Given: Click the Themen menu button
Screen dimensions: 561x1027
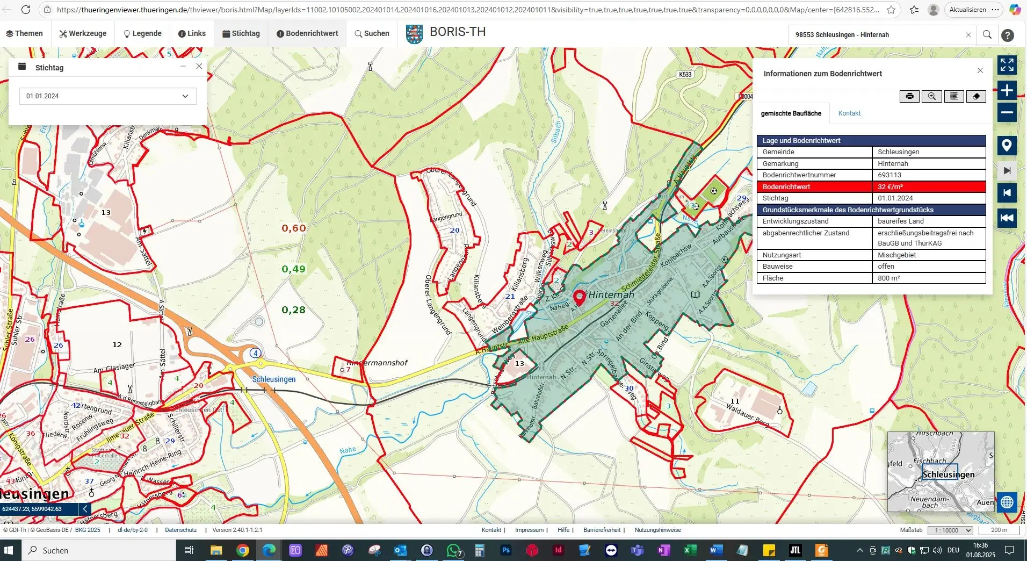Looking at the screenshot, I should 24,33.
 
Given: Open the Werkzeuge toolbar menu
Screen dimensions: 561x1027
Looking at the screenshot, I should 83,33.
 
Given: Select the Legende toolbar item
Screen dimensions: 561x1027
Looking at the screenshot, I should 142,33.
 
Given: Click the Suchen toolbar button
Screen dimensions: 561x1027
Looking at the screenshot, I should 372,33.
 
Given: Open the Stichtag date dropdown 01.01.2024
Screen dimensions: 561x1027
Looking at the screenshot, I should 107,96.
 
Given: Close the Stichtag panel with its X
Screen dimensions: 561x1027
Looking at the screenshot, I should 199,66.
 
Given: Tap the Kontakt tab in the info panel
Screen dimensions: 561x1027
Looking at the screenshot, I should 849,113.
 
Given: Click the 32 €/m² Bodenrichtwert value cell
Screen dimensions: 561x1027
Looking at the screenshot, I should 928,187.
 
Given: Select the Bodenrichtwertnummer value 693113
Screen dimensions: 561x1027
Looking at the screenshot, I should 889,175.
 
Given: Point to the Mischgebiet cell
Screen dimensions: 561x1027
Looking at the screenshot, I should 896,255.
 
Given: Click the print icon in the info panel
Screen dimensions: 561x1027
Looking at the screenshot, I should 909,96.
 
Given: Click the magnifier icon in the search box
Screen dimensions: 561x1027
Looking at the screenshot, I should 987,35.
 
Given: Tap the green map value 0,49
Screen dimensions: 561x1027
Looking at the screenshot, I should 293,269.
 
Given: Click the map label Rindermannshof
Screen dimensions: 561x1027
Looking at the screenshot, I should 378,363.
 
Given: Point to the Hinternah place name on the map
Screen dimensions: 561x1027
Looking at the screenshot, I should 611,295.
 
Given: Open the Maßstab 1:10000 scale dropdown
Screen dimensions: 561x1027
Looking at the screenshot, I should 950,530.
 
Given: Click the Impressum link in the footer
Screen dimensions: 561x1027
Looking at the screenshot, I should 529,530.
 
